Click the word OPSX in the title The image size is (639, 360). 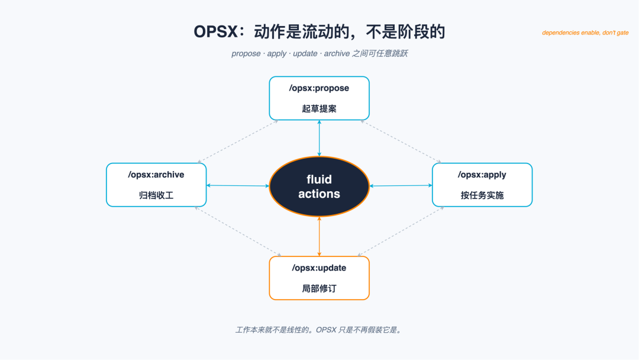click(x=215, y=32)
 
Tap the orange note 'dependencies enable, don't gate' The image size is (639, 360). click(x=585, y=33)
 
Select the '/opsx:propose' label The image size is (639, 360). click(x=319, y=88)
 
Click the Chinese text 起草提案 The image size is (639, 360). click(x=319, y=109)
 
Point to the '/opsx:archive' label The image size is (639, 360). click(x=156, y=175)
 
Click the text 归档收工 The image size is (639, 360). click(x=156, y=195)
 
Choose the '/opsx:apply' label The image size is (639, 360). click(x=482, y=175)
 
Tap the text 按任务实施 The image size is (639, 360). click(x=482, y=195)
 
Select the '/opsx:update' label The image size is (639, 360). click(x=319, y=268)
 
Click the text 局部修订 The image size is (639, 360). click(x=319, y=289)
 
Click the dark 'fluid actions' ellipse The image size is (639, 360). click(x=319, y=187)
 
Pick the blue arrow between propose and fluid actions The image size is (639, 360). click(x=319, y=138)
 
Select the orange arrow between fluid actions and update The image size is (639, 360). click(x=319, y=236)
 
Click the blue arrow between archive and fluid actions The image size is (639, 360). click(x=238, y=185)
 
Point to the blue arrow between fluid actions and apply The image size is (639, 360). click(x=401, y=185)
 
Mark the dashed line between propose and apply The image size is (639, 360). click(x=401, y=142)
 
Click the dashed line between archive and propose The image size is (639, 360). click(x=238, y=142)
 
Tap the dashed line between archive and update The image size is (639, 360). click(x=238, y=232)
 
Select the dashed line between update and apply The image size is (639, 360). click(x=401, y=232)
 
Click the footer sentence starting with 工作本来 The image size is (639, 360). click(x=319, y=330)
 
